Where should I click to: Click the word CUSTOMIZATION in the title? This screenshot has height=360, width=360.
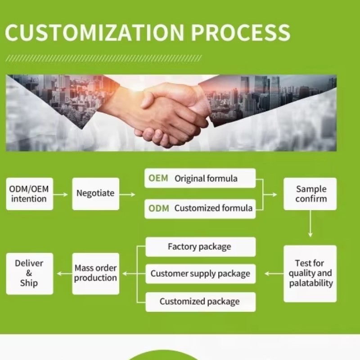tap(95, 32)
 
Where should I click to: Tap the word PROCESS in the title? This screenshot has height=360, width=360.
tap(240, 32)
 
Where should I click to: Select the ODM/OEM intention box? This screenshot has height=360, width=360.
tap(29, 194)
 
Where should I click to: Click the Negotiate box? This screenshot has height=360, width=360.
tap(95, 194)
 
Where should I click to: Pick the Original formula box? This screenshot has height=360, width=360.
tap(200, 178)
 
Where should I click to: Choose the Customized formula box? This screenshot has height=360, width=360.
tap(200, 208)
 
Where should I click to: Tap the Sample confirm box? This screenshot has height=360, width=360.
tap(310, 194)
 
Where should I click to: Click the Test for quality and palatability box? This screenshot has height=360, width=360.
tap(310, 273)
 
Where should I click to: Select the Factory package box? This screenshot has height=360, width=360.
tap(200, 247)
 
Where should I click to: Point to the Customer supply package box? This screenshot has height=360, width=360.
tap(200, 274)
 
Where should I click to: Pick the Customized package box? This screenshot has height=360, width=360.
tap(200, 301)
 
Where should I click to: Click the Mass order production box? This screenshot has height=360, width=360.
tap(95, 273)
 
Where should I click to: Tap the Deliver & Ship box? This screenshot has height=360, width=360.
tap(29, 273)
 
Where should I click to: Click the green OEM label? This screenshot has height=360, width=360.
tap(158, 178)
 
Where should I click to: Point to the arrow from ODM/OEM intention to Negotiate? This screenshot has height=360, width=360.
tap(63, 194)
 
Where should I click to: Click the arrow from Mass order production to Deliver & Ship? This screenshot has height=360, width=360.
tap(63, 273)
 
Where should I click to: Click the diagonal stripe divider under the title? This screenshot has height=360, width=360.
tap(104, 58)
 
